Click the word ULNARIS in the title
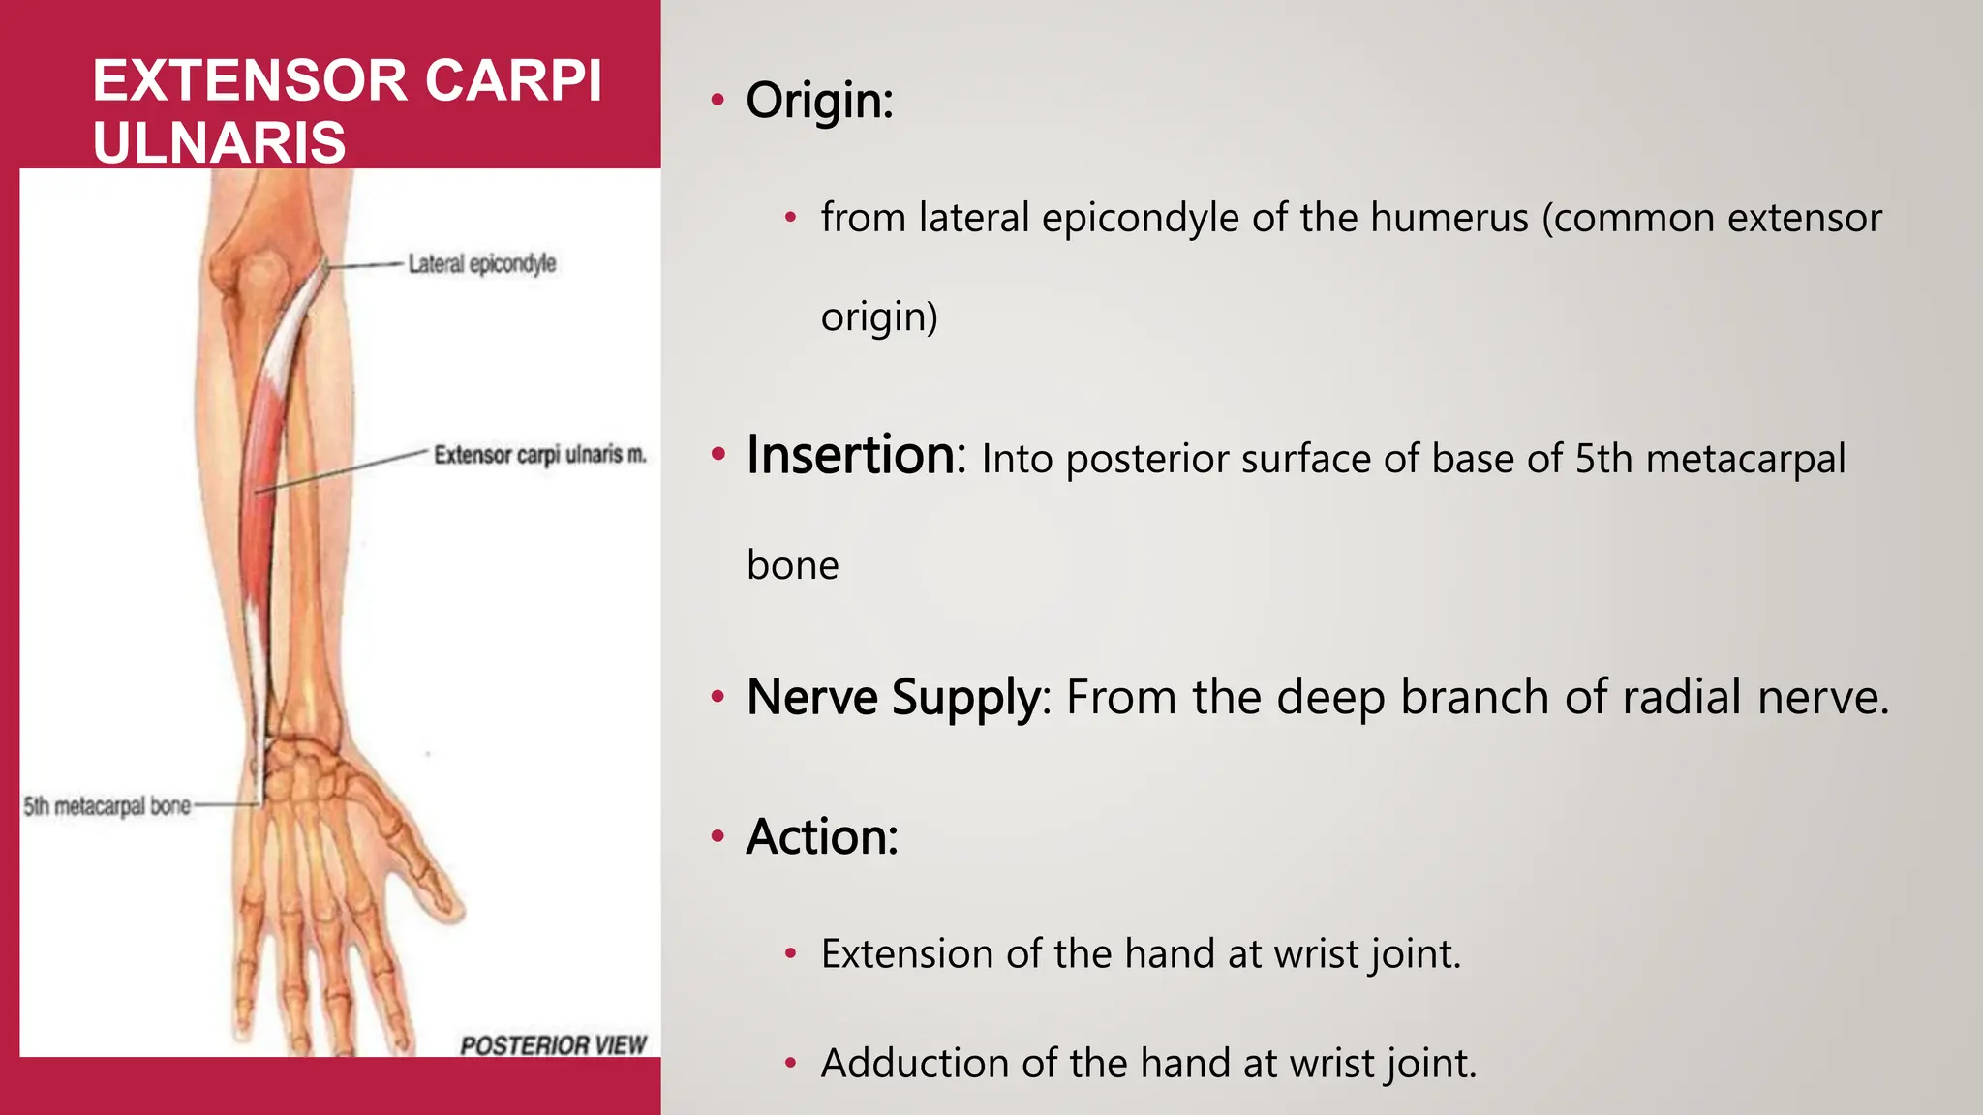(x=219, y=142)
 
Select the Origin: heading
(x=819, y=100)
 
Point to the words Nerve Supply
(x=893, y=697)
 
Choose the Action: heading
(x=822, y=836)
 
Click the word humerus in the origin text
(x=1448, y=218)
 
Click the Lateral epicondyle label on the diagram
(x=481, y=263)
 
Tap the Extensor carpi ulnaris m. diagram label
(x=539, y=455)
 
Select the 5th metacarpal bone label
(x=107, y=806)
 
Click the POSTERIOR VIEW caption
(x=553, y=1045)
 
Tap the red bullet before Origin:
(x=717, y=100)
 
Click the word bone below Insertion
(x=792, y=565)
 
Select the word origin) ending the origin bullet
(x=879, y=317)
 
